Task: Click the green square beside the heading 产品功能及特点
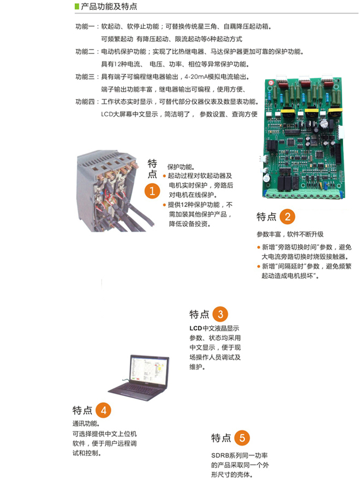click(76, 7)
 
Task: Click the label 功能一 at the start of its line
click(85, 26)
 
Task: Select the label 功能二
click(85, 51)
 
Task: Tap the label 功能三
click(85, 76)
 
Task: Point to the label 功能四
click(85, 101)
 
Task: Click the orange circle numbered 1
click(152, 190)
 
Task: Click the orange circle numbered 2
click(287, 217)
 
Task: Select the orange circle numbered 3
click(220, 314)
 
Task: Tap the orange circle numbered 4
click(103, 410)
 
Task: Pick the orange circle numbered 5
click(242, 438)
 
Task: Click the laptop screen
click(149, 370)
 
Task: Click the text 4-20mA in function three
click(195, 76)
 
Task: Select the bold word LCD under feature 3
click(196, 328)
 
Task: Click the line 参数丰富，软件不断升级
click(290, 235)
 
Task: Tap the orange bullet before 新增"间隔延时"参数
click(259, 267)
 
